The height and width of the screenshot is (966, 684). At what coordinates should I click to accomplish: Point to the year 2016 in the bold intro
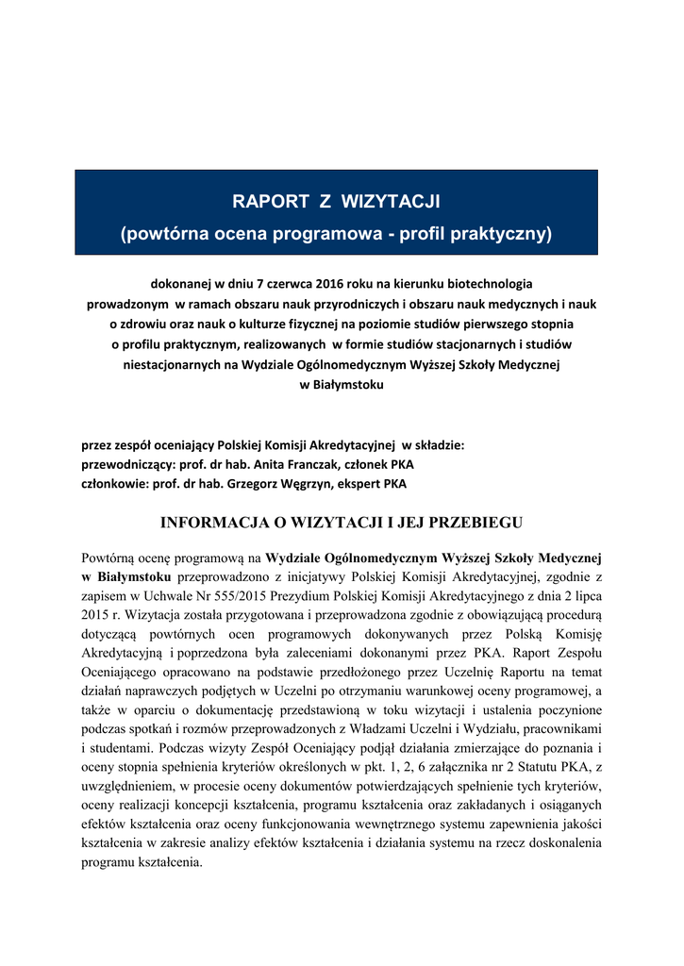click(x=303, y=283)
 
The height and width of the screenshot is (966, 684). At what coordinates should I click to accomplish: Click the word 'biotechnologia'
click(x=486, y=283)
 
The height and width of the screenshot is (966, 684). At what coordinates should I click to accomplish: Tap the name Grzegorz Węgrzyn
click(x=306, y=484)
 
